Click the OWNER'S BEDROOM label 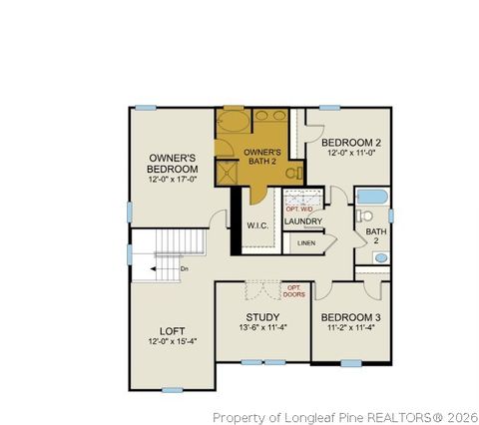coord(172,164)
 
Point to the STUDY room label coord(262,317)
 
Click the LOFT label coord(173,331)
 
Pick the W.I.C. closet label coord(257,225)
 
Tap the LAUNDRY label coord(302,221)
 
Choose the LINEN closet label coord(305,242)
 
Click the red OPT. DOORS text coord(294,291)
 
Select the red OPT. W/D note coord(299,209)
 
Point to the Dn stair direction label coord(185,268)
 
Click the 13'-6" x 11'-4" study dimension coord(262,329)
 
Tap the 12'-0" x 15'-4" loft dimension coord(173,342)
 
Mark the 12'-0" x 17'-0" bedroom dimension coord(172,181)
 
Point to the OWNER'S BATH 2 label coord(263,157)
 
